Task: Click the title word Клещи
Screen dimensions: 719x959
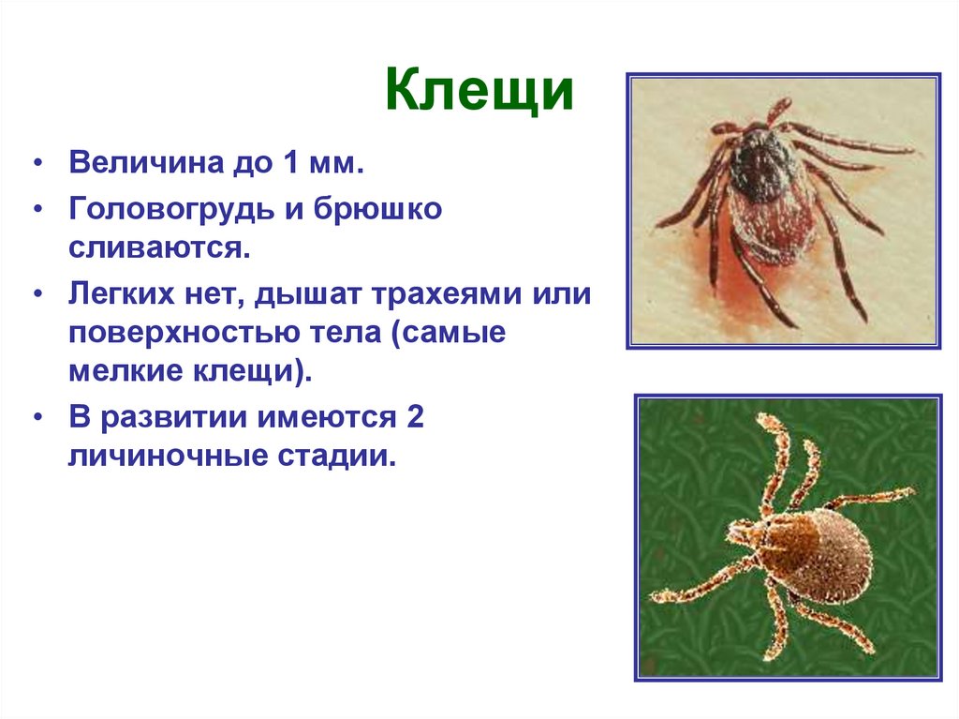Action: [x=479, y=94]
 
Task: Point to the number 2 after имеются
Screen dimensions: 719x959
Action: [x=416, y=417]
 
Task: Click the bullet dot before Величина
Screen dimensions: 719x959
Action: [x=38, y=165]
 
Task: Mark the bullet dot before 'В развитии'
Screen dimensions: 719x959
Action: [x=38, y=418]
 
